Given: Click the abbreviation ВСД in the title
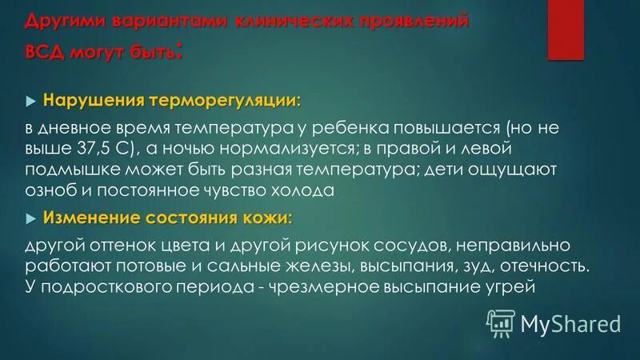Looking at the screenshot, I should click(47, 54).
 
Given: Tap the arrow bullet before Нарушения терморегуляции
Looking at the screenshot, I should click(31, 102).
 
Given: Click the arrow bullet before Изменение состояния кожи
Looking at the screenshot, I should click(31, 218).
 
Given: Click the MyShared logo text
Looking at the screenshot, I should click(570, 323).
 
